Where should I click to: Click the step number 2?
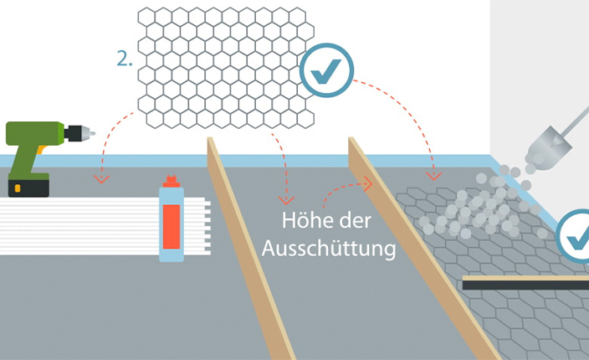point(124,60)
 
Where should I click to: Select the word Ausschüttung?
point(329,249)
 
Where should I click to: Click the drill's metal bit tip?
point(90,132)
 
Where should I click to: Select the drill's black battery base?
point(28,187)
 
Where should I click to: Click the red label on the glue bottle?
point(171,222)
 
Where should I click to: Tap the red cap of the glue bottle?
point(171,181)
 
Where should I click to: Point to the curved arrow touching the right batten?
point(343,191)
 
